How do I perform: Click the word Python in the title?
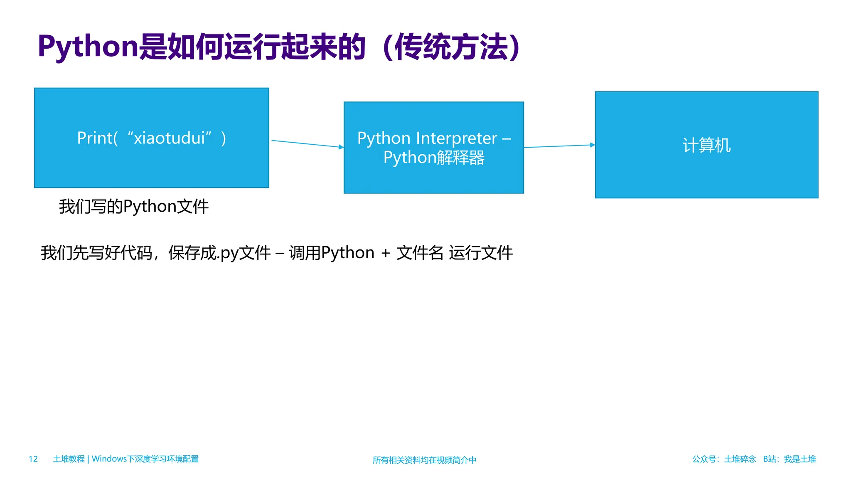[87, 47]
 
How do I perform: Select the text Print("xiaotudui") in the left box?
[152, 138]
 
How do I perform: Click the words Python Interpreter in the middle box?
[427, 138]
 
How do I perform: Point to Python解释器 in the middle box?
[434, 158]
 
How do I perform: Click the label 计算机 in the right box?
[706, 145]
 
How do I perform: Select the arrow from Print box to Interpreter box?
[307, 144]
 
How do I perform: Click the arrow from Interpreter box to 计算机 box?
[559, 146]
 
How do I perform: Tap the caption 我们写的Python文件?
[133, 206]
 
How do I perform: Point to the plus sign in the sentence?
[385, 253]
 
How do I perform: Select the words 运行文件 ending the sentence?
[481, 253]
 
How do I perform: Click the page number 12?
[33, 459]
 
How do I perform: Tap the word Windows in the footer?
[109, 459]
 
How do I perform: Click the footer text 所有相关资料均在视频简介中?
[424, 460]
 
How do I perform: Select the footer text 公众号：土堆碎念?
[723, 459]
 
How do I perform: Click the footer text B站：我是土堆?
[789, 459]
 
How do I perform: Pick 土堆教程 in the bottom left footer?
[69, 459]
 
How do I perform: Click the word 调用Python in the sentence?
[332, 253]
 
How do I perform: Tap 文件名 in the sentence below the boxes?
[420, 253]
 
